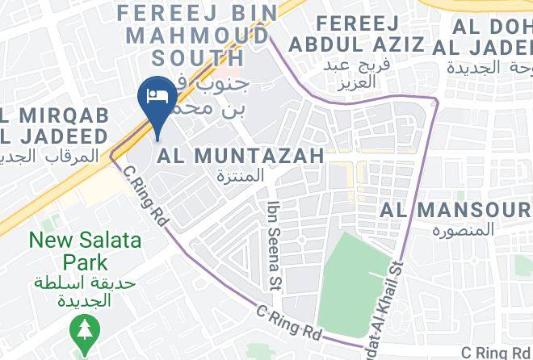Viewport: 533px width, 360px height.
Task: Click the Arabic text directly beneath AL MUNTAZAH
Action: (241, 175)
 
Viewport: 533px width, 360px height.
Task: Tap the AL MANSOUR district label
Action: (456, 211)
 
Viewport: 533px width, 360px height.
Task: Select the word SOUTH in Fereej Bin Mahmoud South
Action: (198, 57)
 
